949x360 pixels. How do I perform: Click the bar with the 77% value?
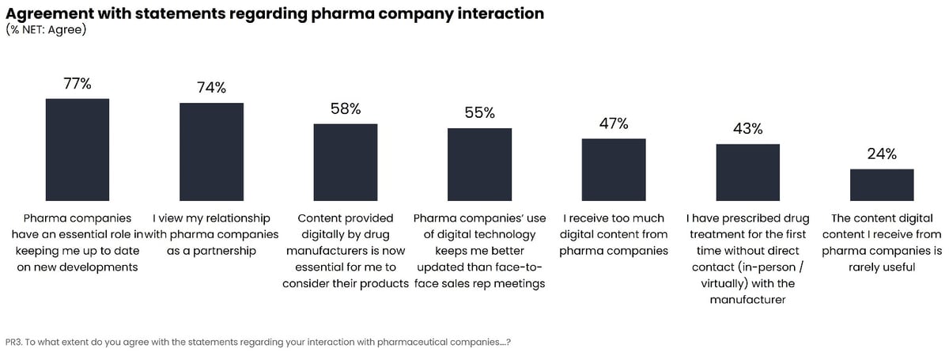(x=78, y=149)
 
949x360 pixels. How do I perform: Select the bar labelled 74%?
(x=211, y=151)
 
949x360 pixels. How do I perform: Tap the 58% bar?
(x=346, y=161)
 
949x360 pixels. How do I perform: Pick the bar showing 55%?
(x=479, y=164)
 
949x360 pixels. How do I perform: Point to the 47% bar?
(x=614, y=169)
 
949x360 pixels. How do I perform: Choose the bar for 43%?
(x=747, y=172)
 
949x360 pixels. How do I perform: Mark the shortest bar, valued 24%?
(x=882, y=184)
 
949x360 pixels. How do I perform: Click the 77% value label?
(x=78, y=83)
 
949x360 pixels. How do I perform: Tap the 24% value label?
(x=882, y=154)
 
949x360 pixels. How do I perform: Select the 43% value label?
(x=747, y=128)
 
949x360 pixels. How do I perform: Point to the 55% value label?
(x=479, y=113)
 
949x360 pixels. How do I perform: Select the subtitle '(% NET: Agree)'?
(x=46, y=30)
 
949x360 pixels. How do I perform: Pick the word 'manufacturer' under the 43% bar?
(x=747, y=300)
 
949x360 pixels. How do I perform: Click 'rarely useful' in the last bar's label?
(x=882, y=267)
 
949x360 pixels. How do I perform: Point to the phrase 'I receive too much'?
(x=614, y=218)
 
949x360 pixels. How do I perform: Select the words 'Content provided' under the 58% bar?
(x=346, y=218)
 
